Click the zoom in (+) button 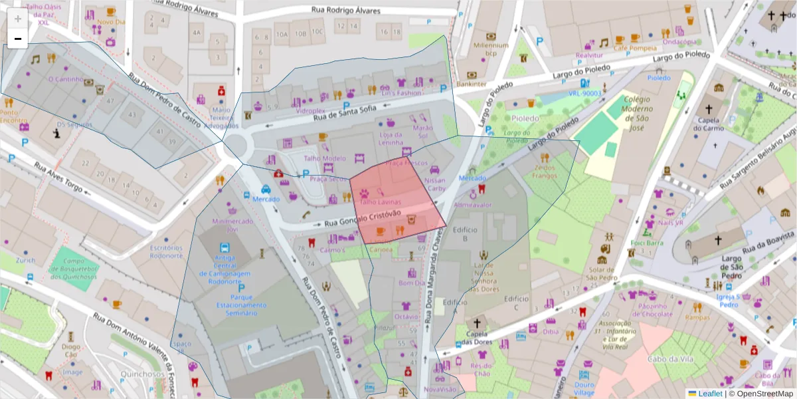18,19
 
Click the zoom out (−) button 18,39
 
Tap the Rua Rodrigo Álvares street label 346,11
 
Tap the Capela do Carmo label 708,124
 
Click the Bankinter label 472,84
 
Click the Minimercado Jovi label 223,224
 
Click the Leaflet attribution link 710,394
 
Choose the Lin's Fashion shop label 400,93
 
